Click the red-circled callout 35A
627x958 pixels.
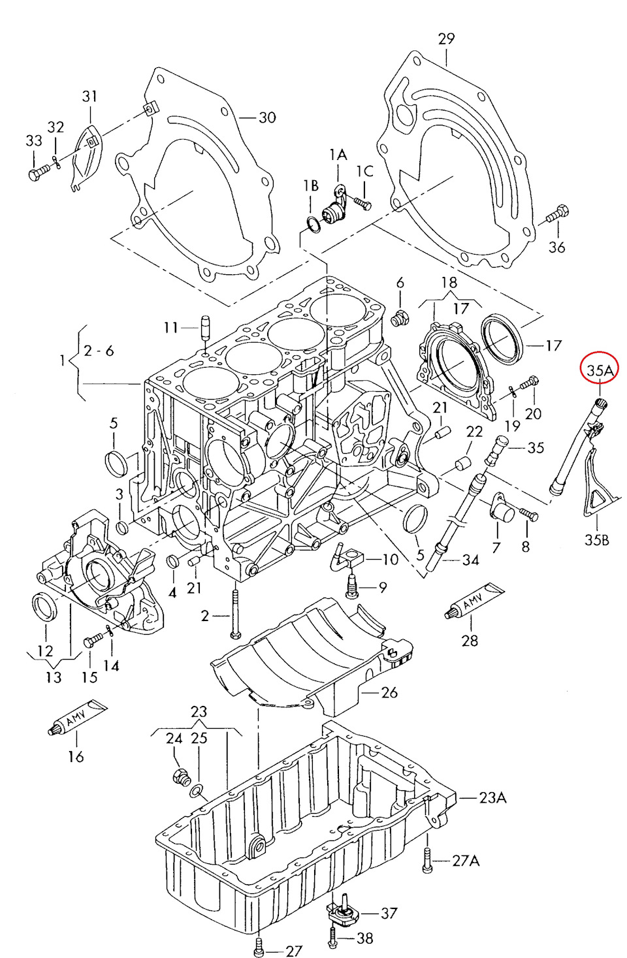(600, 370)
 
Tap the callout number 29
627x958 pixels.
(446, 39)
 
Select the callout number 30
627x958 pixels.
(267, 118)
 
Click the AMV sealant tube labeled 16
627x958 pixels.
(77, 716)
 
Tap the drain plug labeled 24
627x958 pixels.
(180, 776)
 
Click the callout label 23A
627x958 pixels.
(492, 797)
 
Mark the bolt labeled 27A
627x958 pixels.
(426, 860)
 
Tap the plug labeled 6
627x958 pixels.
(398, 319)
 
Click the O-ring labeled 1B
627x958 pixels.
(312, 225)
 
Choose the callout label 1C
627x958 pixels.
(364, 171)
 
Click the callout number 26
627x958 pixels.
(389, 692)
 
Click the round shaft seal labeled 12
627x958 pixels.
(45, 607)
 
